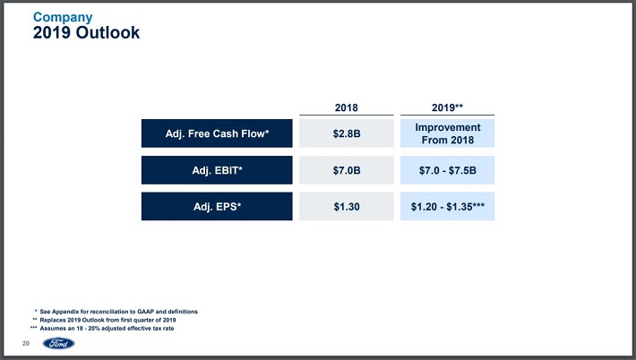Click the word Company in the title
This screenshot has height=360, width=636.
63,17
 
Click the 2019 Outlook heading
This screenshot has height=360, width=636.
86,33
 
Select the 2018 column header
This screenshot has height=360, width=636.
347,107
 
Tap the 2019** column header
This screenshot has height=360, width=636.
447,107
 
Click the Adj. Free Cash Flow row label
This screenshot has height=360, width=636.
217,133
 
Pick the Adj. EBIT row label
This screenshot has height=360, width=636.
217,170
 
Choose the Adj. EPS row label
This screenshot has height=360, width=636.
217,206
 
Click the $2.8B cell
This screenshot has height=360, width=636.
347,133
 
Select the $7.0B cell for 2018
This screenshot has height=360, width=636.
347,170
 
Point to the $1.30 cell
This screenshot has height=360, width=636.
347,206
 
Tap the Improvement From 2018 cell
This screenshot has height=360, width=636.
447,133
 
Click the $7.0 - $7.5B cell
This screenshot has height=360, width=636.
447,170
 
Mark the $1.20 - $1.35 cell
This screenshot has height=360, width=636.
447,206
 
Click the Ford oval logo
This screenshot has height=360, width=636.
59,343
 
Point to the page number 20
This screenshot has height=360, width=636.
26,343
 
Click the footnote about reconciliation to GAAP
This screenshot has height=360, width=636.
116,312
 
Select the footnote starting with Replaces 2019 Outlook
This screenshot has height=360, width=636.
104,320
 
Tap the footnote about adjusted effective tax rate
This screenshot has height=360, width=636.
102,329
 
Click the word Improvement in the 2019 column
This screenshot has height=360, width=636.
447,127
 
